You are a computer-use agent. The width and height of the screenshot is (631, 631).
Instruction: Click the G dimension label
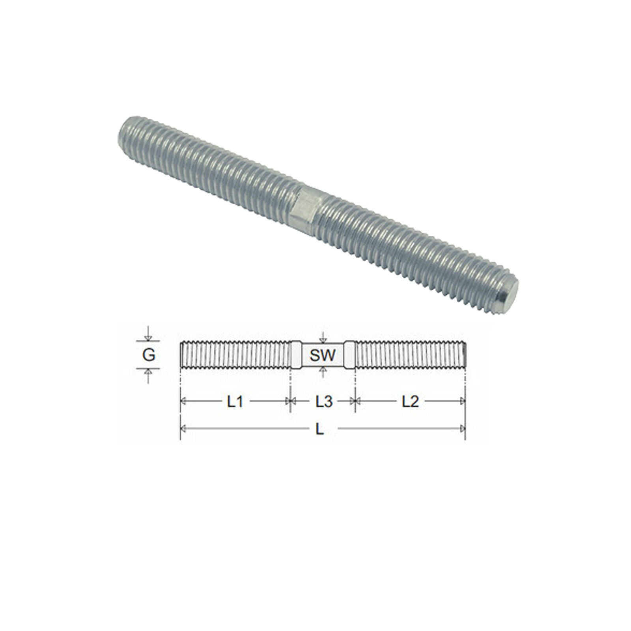[148, 355]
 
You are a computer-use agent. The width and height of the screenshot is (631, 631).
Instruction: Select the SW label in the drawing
[323, 355]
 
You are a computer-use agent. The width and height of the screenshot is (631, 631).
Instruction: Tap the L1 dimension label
[235, 401]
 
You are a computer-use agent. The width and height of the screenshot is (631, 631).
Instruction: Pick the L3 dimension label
[324, 401]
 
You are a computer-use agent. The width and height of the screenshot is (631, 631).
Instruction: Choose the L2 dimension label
[410, 401]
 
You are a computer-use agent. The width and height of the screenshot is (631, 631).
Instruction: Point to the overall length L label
[320, 429]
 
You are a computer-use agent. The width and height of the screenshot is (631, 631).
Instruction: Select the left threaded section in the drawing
[235, 355]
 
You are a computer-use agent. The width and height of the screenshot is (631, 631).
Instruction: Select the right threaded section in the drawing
[410, 355]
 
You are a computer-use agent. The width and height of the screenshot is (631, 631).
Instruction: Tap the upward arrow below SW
[323, 370]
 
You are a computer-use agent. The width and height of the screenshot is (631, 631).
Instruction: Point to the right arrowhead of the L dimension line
[463, 429]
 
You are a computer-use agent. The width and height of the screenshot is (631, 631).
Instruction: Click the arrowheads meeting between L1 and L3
[290, 401]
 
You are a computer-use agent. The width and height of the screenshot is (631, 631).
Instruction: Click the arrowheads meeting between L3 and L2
[355, 401]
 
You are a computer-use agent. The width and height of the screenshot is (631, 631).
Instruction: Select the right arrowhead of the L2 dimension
[463, 401]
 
